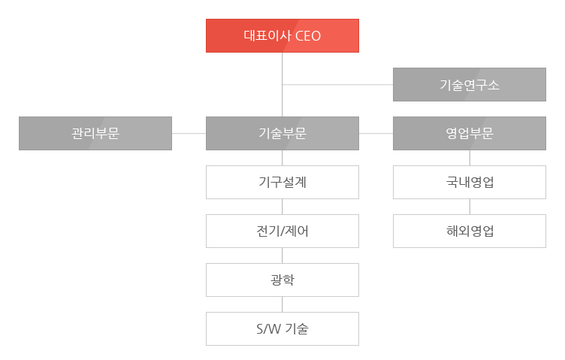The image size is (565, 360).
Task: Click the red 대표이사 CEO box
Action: point(282,35)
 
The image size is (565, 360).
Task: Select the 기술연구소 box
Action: point(469,85)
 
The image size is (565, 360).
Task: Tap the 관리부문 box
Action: point(95,133)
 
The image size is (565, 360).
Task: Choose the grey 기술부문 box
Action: point(282,133)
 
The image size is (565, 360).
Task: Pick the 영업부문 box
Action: point(469,133)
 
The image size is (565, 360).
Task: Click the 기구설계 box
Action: point(282,183)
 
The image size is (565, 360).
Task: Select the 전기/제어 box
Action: point(282,231)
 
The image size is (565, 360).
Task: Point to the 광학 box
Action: point(282,280)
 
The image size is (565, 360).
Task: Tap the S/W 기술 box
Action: point(282,328)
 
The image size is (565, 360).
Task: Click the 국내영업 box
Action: point(469,183)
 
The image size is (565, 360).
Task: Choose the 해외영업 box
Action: point(469,231)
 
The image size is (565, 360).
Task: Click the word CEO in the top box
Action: point(308,36)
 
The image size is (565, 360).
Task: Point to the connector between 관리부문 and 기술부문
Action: point(189,133)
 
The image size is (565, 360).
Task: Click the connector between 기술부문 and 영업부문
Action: point(376,133)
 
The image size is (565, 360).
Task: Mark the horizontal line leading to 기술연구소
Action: point(337,85)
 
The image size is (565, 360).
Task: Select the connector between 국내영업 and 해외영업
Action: point(470,207)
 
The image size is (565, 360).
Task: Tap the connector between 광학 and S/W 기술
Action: point(282,304)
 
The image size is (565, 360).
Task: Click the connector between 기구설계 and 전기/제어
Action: point(282,207)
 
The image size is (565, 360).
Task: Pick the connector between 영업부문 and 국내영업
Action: point(470,158)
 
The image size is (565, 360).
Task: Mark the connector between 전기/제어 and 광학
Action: point(282,256)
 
